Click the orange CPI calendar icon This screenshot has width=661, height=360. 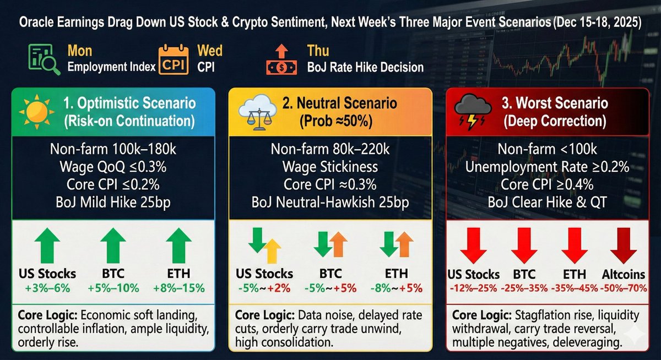173,60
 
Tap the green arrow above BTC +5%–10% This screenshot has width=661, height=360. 114,245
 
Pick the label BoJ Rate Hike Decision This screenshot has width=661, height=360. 365,67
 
